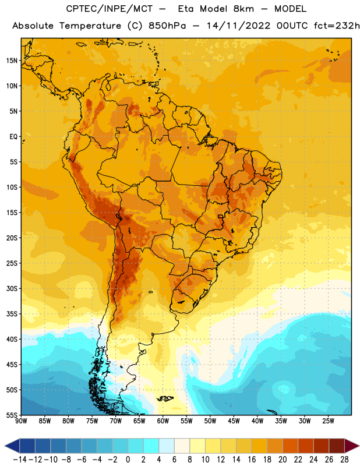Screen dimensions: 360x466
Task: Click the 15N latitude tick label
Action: (x=12, y=61)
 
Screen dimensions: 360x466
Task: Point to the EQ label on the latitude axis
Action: (x=13, y=137)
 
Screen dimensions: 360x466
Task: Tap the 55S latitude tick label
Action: (x=12, y=415)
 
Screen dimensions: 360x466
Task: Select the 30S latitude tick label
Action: (x=12, y=288)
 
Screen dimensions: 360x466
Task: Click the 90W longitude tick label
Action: (x=21, y=421)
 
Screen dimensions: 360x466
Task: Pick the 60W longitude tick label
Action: (x=163, y=421)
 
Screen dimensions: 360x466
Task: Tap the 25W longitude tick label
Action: (x=328, y=421)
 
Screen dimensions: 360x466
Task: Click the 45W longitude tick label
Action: (x=234, y=421)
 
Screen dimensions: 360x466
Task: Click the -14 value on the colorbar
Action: (x=20, y=460)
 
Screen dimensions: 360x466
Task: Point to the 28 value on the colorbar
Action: (x=344, y=460)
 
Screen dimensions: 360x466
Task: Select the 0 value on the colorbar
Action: (x=128, y=460)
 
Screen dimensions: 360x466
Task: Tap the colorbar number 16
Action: (x=252, y=460)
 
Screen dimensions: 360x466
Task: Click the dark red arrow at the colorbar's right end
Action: (x=352, y=446)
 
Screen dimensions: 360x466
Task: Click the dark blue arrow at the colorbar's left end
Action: (x=12, y=446)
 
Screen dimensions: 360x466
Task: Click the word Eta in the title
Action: (x=186, y=9)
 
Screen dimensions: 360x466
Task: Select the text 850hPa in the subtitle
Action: (x=167, y=26)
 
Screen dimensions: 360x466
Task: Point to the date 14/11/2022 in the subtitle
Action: (x=239, y=26)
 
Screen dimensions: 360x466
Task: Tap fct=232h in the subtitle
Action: (x=337, y=26)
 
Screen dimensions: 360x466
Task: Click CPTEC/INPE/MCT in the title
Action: (x=109, y=9)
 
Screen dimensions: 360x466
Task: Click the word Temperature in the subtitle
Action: (x=90, y=26)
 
